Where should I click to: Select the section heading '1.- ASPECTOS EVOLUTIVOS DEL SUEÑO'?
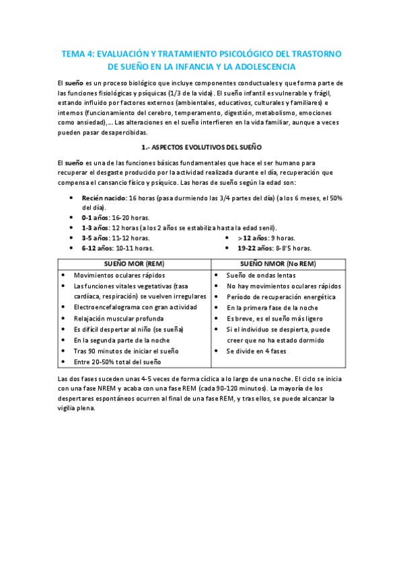pyautogui.click(x=201, y=146)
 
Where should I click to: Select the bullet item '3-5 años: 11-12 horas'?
pyautogui.click(x=116, y=237)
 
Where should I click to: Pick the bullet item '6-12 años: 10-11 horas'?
pyautogui.click(x=118, y=247)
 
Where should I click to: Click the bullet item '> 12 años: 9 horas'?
pyautogui.click(x=266, y=237)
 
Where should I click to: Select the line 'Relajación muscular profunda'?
pyautogui.click(x=118, y=318)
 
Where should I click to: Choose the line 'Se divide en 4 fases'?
pyautogui.click(x=256, y=350)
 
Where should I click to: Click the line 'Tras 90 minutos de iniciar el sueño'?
pyautogui.click(x=126, y=351)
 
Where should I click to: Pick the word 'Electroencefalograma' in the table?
pyautogui.click(x=106, y=307)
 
